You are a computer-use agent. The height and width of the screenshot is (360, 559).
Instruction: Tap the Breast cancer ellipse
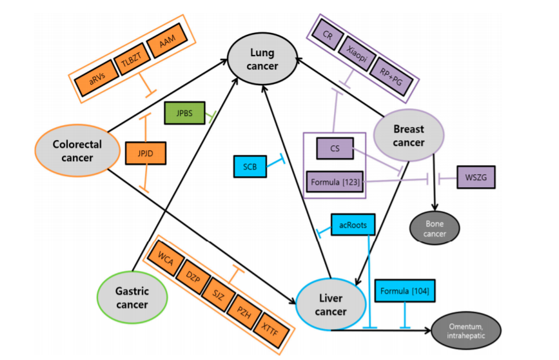click(408, 136)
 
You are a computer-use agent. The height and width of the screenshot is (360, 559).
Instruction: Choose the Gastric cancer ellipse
click(132, 297)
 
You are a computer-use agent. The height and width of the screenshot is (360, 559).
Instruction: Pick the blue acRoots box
click(353, 225)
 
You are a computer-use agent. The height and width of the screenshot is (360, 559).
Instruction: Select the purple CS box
click(335, 149)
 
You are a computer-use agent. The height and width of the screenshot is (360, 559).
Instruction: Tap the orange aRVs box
click(93, 82)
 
